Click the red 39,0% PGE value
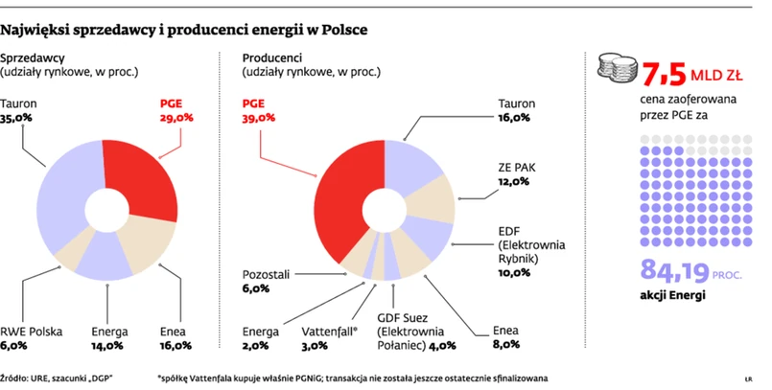click(x=259, y=119)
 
